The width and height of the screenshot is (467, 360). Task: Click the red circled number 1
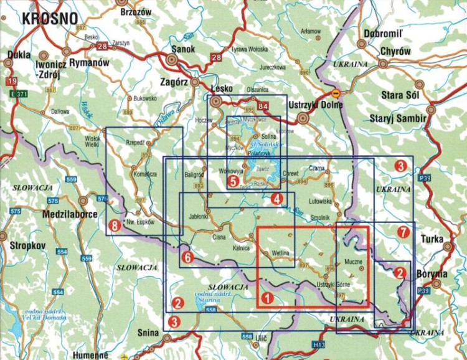267,298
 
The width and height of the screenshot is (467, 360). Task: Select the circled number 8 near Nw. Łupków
114,224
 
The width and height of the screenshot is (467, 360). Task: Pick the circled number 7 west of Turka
403,232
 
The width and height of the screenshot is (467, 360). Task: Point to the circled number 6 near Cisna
186,256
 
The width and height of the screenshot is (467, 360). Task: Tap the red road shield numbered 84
264,106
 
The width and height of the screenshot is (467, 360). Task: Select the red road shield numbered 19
11,82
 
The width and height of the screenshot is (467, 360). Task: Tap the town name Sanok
182,49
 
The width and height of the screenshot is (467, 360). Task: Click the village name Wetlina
281,253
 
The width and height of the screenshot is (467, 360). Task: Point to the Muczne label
352,262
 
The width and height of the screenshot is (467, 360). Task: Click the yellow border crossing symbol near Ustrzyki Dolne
336,94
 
